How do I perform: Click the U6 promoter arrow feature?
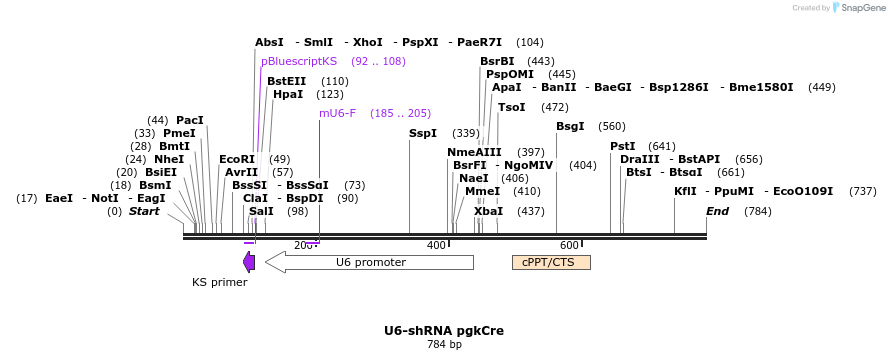point(370,262)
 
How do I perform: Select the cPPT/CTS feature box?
point(551,262)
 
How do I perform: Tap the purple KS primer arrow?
point(249,262)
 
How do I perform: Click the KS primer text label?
point(219,282)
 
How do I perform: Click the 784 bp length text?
point(444,345)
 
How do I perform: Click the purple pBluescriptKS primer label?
point(299,61)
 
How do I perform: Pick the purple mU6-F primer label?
point(337,113)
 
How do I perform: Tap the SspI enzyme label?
point(423,133)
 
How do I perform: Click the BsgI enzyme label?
point(570,126)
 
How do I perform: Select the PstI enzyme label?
point(623,146)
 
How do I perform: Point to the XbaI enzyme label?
point(488,211)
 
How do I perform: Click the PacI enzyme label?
point(190,120)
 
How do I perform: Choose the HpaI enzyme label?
point(288,94)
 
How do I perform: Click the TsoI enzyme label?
point(511,107)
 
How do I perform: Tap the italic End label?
point(717,211)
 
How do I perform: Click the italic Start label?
point(144,211)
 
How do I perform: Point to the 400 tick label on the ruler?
point(436,245)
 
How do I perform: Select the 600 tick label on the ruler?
point(569,245)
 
